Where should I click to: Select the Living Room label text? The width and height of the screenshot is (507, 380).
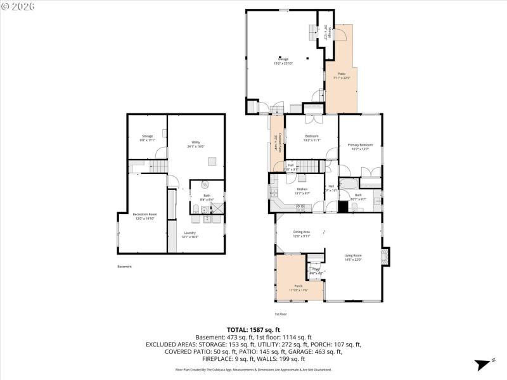[x=352, y=257]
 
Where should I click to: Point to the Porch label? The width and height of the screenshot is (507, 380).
[x=298, y=288]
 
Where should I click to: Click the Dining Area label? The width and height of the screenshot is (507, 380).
[x=301, y=234]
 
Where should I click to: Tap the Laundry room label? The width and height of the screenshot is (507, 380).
[x=191, y=235]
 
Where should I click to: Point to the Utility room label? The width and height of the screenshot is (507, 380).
[x=195, y=144]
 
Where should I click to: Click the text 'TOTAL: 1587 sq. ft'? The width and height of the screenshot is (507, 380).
[x=253, y=329]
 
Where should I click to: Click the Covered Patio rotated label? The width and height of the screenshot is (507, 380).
[x=276, y=142]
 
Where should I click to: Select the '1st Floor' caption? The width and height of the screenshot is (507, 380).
[x=280, y=314]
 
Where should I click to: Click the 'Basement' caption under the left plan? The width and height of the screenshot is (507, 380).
[x=125, y=266]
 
